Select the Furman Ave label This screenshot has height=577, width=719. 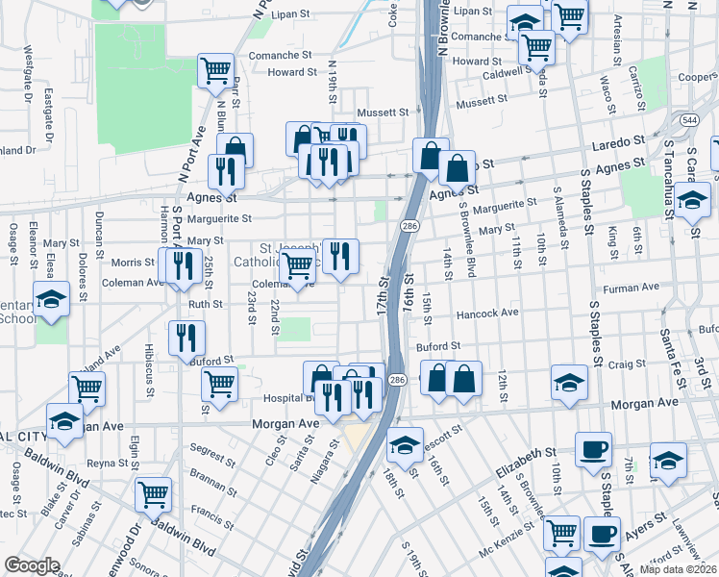click(631, 287)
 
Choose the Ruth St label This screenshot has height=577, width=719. click(205, 304)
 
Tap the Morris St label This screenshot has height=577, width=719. click(133, 262)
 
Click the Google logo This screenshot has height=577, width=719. click(32, 565)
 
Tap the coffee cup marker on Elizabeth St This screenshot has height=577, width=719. click(593, 449)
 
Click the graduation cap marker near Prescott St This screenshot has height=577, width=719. click(406, 444)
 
